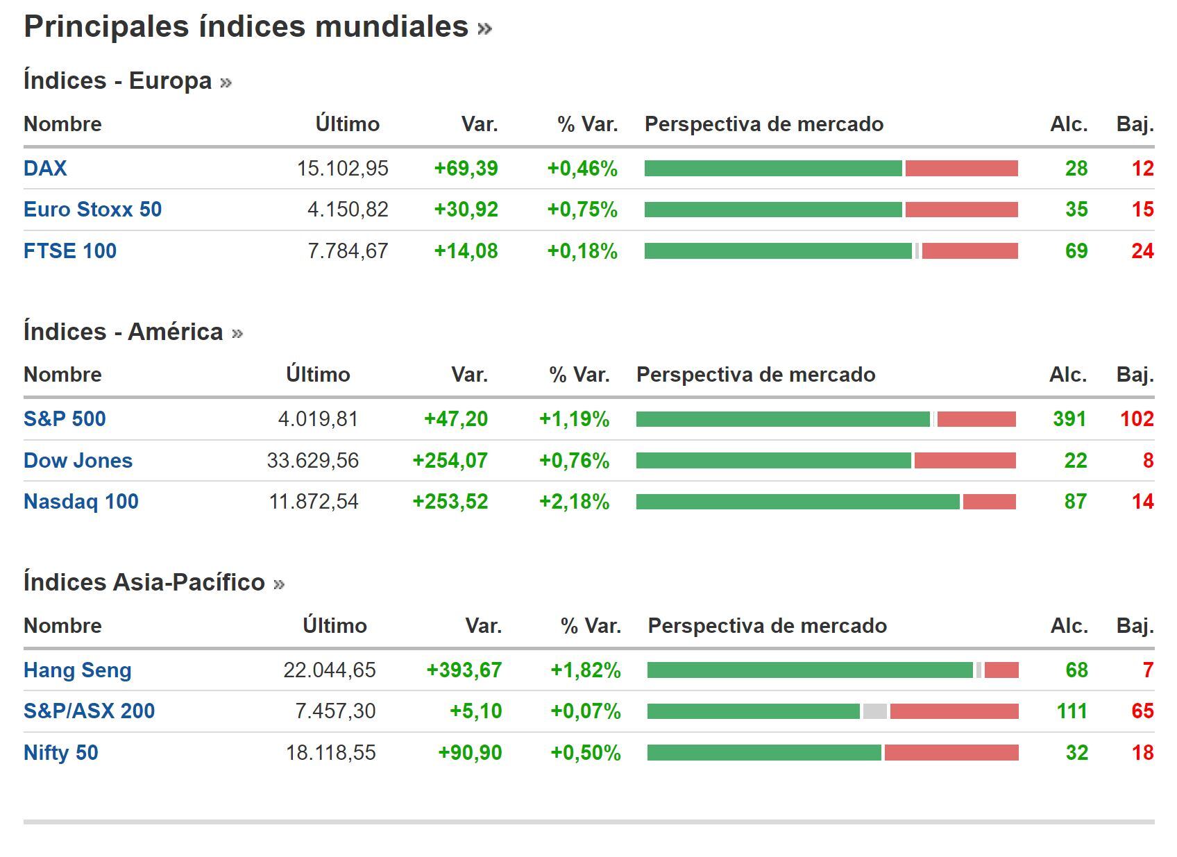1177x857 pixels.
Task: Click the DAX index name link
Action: click(x=45, y=169)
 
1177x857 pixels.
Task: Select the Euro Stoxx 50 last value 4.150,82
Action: click(x=348, y=210)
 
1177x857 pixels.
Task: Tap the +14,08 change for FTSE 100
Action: click(x=466, y=251)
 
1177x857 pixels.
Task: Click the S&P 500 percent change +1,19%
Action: click(x=574, y=419)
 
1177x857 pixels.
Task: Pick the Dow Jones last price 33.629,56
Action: click(x=312, y=461)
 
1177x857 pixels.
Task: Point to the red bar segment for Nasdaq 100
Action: click(x=989, y=502)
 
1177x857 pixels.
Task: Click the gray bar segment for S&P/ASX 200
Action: click(x=874, y=711)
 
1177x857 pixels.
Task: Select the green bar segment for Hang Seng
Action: click(x=809, y=670)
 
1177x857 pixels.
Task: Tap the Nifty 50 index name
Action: click(x=61, y=753)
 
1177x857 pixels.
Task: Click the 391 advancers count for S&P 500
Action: click(x=1069, y=419)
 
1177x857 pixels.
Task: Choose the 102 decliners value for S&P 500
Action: click(x=1137, y=419)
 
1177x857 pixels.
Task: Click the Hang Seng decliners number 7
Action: click(x=1148, y=670)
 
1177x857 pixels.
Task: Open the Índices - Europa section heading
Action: click(x=117, y=81)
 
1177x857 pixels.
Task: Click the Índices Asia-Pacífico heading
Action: click(x=144, y=582)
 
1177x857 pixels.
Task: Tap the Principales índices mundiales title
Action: click(x=246, y=27)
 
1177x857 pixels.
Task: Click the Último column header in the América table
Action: click(x=318, y=375)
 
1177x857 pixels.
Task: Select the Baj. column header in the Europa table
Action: click(x=1135, y=124)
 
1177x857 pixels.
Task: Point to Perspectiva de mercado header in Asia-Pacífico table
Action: click(x=767, y=626)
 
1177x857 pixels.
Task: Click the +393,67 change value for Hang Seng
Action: click(x=464, y=670)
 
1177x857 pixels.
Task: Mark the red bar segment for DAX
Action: click(x=961, y=169)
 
